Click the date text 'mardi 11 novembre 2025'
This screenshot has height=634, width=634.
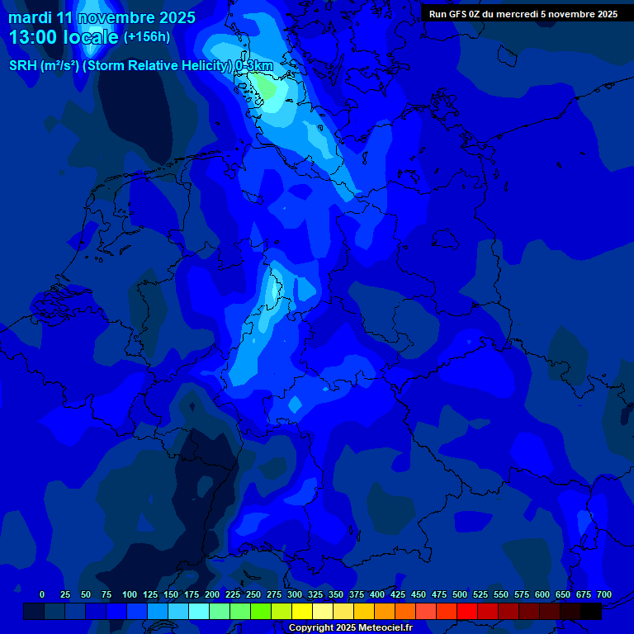tap(102, 17)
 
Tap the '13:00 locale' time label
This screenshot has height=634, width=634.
tap(64, 36)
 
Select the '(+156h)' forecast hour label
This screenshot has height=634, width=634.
tap(147, 36)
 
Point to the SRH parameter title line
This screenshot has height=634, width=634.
tap(140, 65)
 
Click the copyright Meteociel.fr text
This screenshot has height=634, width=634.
tap(351, 628)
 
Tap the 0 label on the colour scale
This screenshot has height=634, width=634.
tap(42, 594)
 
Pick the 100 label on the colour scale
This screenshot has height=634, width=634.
tap(130, 594)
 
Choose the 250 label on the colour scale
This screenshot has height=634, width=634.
tap(253, 594)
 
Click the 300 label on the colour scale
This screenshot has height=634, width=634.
tap(295, 594)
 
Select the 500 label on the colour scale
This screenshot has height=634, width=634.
tap(460, 594)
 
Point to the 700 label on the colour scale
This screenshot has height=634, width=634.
tap(603, 594)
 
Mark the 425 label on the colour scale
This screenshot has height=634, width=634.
tap(398, 594)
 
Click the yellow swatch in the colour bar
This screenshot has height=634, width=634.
tap(302, 612)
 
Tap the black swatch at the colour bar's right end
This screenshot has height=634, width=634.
tap(591, 612)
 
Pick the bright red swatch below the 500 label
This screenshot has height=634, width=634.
tap(467, 612)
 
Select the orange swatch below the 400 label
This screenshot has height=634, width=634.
tap(385, 612)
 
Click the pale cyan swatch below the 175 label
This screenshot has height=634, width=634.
tap(199, 612)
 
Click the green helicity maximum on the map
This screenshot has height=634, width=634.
tap(265, 85)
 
